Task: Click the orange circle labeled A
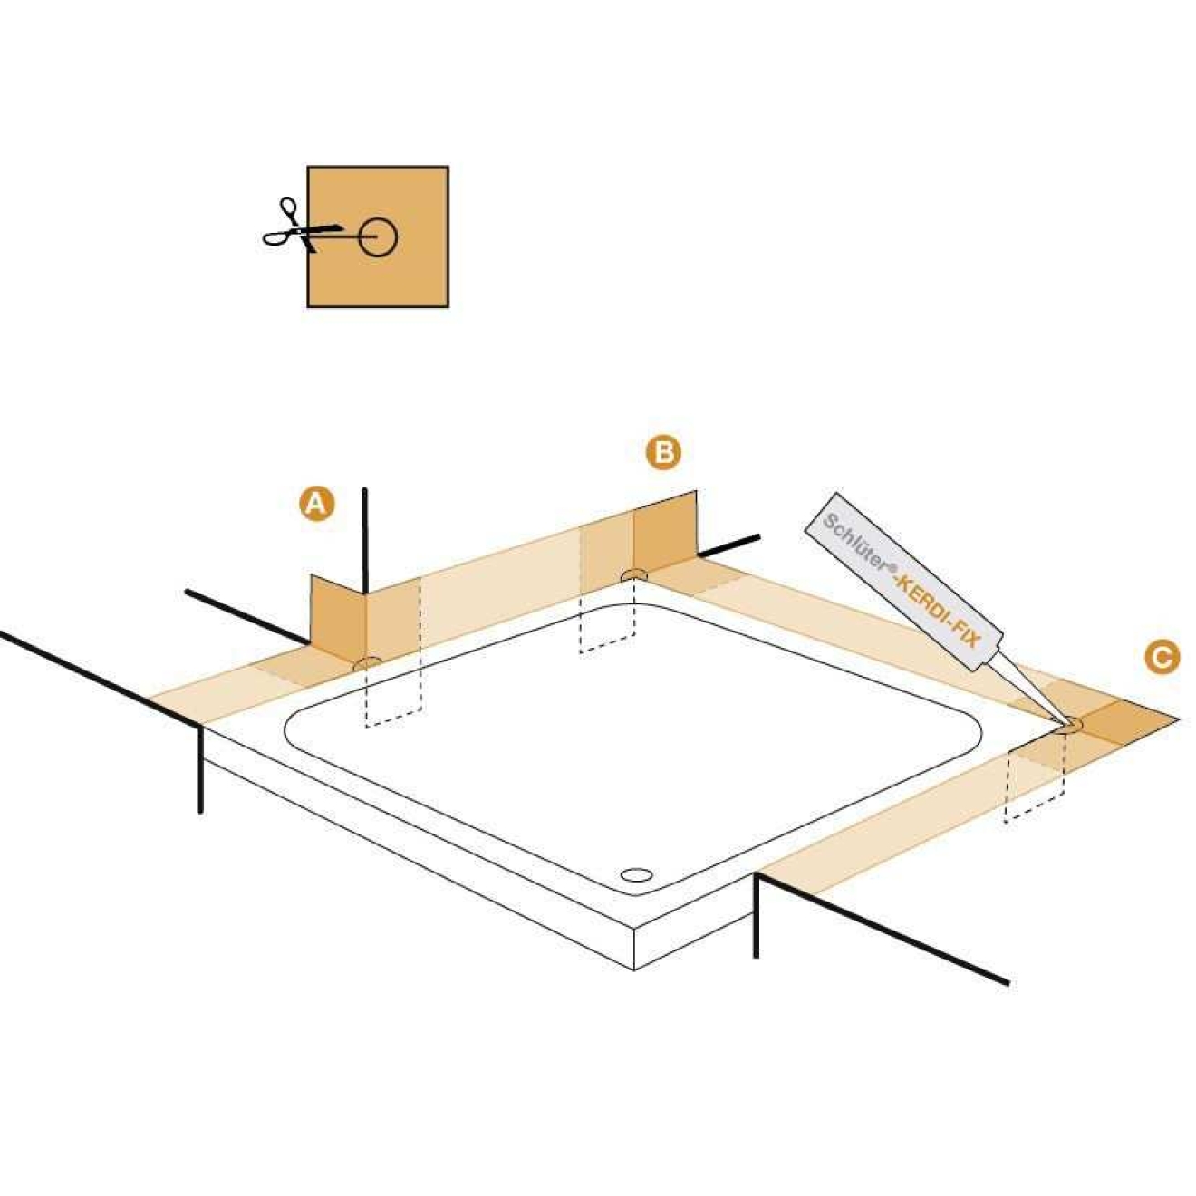tap(317, 504)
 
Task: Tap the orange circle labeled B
tap(663, 453)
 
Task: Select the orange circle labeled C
tap(1162, 657)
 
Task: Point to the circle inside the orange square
tap(378, 237)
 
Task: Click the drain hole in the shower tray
tap(636, 874)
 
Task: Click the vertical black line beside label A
tap(365, 541)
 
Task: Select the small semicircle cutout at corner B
tap(633, 575)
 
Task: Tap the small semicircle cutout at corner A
tap(368, 663)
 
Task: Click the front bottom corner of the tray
tap(634, 970)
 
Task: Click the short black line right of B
tap(728, 545)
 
